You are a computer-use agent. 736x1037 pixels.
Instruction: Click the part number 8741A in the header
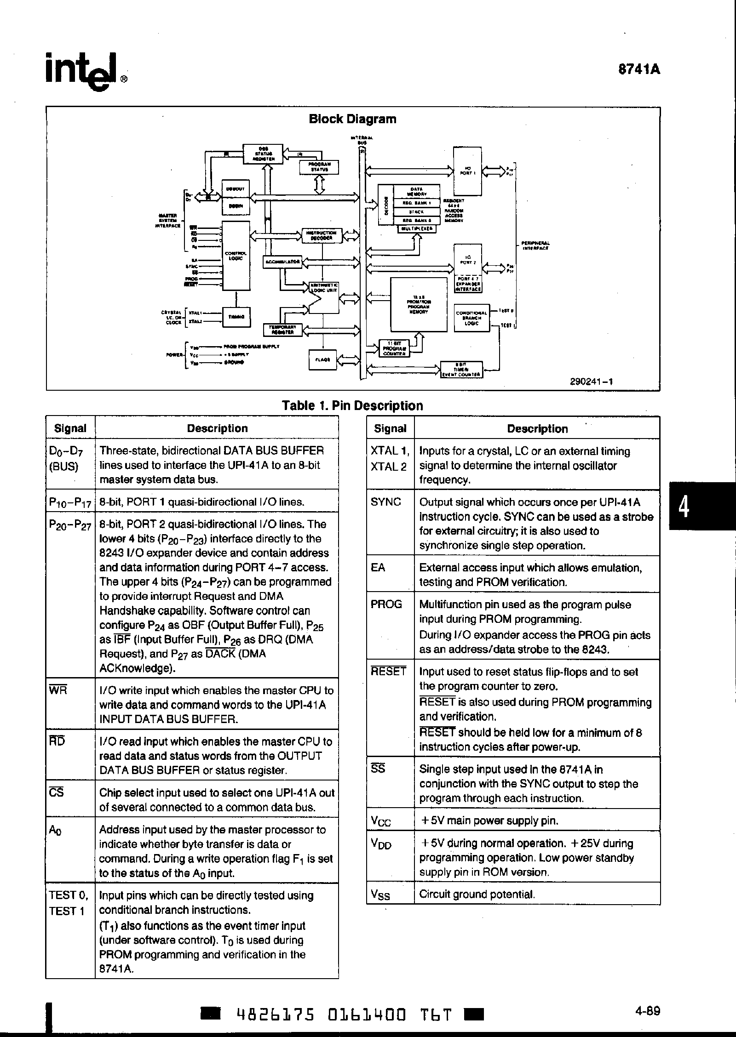tap(639, 69)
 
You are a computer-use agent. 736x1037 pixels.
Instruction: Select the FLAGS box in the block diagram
tap(322, 359)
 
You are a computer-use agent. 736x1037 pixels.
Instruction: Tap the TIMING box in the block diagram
tap(236, 317)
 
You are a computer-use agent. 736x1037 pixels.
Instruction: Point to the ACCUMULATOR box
tap(282, 262)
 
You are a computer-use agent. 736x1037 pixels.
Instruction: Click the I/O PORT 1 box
tap(467, 171)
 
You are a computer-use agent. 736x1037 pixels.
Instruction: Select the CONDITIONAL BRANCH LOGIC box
tap(471, 318)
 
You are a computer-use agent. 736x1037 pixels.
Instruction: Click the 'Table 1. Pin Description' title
tap(352, 405)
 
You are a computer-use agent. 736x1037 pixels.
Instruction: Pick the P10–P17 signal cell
tap(70, 502)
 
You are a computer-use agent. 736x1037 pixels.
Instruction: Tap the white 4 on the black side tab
tap(684, 507)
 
